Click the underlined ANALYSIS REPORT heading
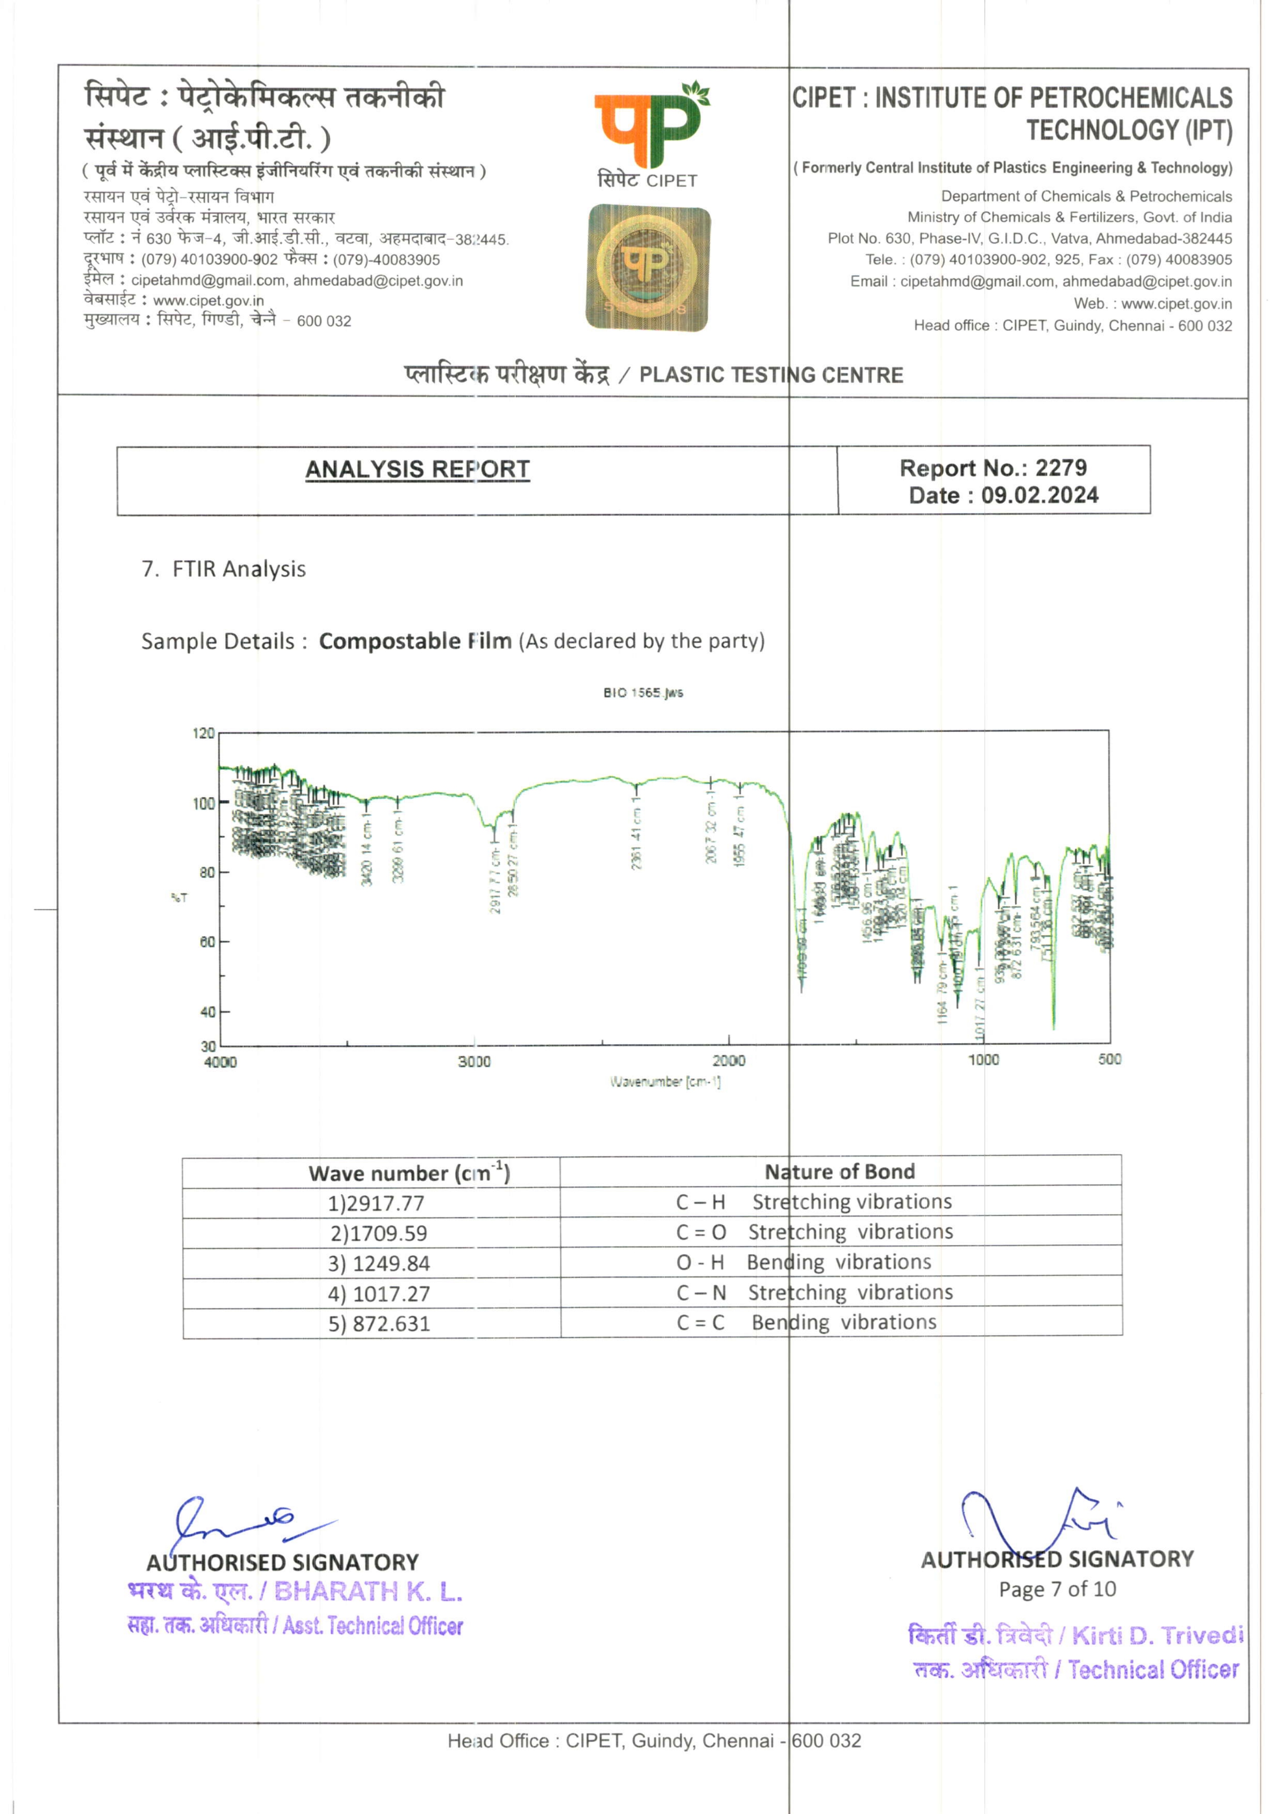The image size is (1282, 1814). tap(417, 469)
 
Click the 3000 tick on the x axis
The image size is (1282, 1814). tap(474, 1062)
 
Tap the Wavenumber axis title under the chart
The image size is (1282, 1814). tap(665, 1081)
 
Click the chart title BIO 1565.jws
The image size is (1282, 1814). tap(643, 693)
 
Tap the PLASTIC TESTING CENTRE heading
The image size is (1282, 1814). tap(771, 375)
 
